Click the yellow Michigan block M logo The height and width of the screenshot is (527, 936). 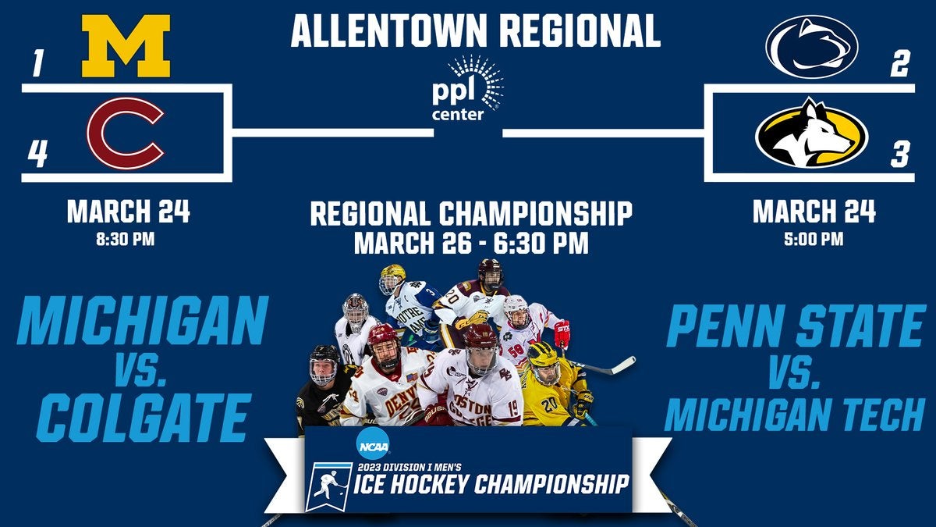point(126,46)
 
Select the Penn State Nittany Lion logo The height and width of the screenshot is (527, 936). point(811,47)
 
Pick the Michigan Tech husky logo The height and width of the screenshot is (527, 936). point(811,134)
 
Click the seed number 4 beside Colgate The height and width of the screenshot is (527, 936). point(37,154)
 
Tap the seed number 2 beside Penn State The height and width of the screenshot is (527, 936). point(899,63)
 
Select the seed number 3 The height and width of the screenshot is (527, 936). point(900,154)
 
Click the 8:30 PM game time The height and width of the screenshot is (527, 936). point(126,240)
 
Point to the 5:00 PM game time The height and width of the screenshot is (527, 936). point(814,240)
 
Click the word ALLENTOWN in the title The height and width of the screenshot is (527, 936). point(389,31)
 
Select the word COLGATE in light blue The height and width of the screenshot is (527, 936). point(144,418)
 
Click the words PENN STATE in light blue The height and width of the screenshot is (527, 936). point(795,326)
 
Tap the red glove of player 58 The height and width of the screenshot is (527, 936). point(562,333)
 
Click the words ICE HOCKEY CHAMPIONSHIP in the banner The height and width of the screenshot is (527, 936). point(491,484)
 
